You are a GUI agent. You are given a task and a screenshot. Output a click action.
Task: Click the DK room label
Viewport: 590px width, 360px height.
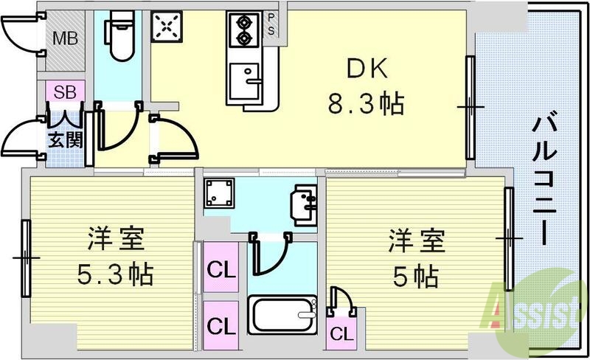[x=365, y=71]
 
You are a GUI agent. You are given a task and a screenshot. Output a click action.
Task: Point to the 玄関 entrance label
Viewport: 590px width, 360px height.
[x=65, y=139]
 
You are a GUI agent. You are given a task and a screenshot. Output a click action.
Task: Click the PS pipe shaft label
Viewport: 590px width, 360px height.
[x=271, y=24]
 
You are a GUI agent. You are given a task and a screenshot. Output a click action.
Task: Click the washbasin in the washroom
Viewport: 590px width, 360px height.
[x=303, y=203]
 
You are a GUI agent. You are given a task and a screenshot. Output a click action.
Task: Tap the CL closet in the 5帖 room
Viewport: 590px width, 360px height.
[x=340, y=333]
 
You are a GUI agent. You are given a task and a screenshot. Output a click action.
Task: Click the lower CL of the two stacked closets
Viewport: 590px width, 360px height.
[x=221, y=324]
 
